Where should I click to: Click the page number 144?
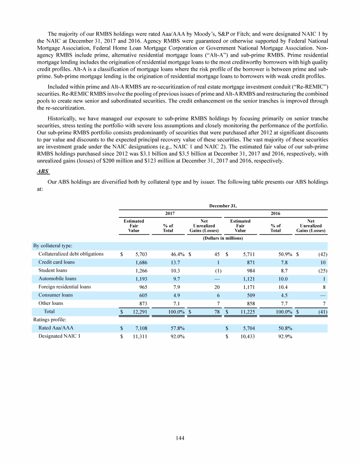pyautogui.click(x=180, y=438)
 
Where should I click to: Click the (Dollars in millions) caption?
pyautogui.click(x=222, y=238)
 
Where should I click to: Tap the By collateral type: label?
pyautogui.click(x=52, y=245)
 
